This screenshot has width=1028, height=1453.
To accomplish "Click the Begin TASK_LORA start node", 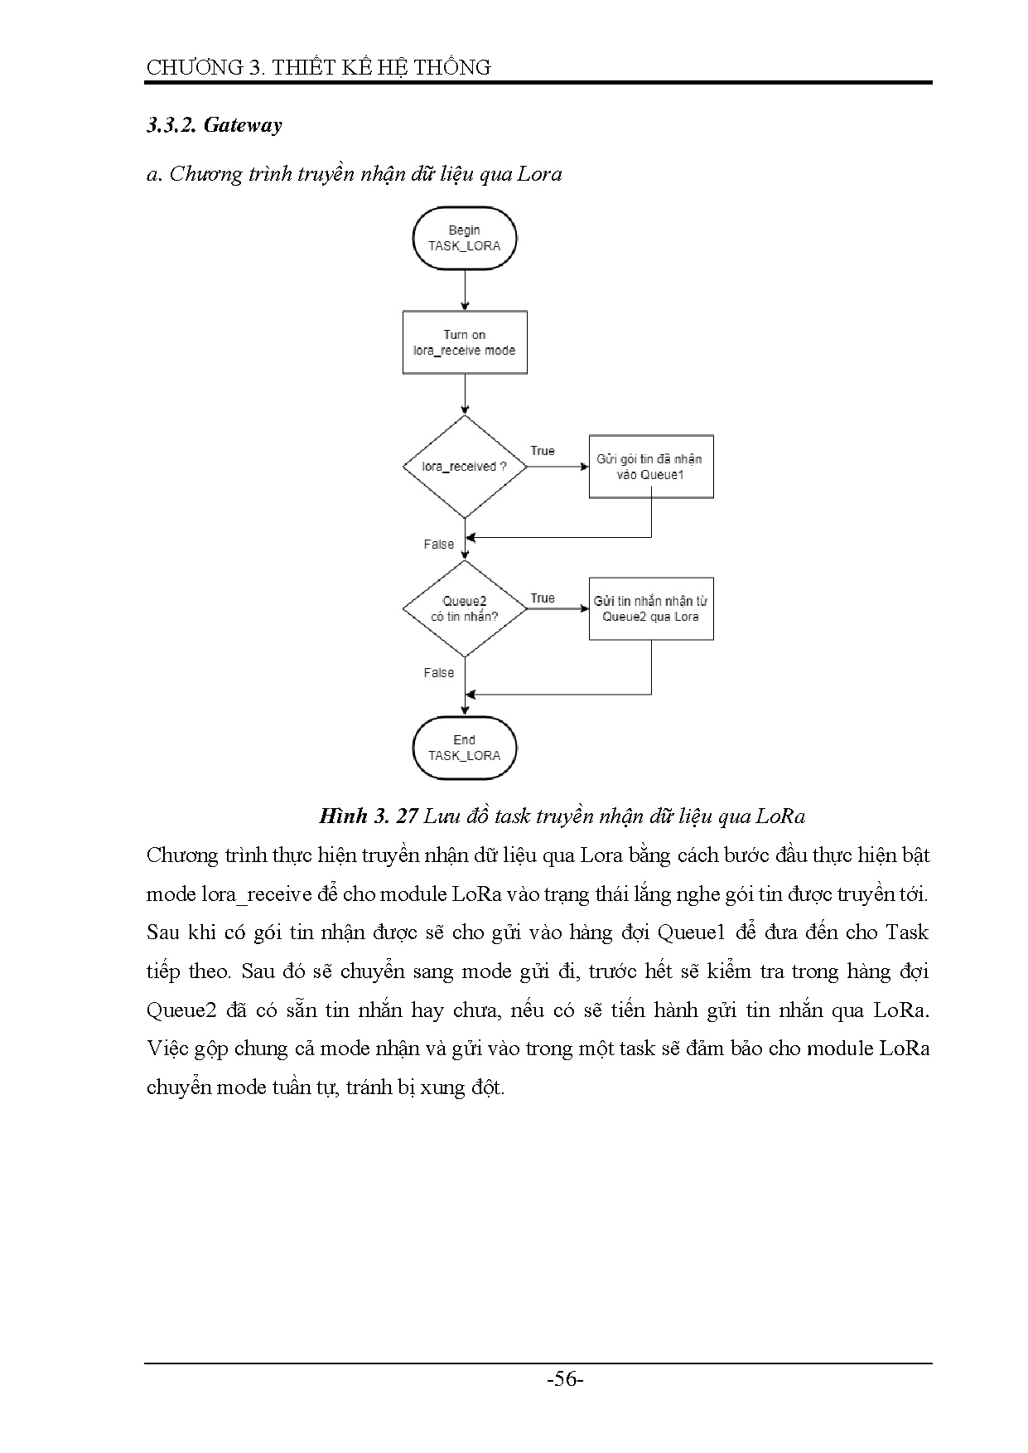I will click(464, 238).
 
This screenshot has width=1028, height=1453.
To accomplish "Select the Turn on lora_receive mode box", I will click(464, 342).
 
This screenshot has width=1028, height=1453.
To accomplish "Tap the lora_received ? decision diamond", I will click(464, 467).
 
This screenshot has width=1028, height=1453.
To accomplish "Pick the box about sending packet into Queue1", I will click(650, 467).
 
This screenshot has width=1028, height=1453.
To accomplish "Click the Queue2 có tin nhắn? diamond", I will click(464, 609).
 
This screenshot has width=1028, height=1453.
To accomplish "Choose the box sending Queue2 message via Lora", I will click(650, 609).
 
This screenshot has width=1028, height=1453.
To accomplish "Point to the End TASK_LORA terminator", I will click(464, 748).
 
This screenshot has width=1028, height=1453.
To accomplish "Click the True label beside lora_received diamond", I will click(543, 451).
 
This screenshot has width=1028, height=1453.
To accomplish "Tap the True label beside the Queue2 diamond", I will click(543, 598).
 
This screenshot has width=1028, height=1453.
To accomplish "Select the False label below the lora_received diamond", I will click(439, 545).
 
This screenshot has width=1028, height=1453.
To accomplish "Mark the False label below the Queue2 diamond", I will click(439, 673).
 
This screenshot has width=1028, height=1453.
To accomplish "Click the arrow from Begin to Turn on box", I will click(465, 290).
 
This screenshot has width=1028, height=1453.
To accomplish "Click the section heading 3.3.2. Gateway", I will click(215, 125).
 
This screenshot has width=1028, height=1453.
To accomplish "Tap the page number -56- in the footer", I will click(567, 1379).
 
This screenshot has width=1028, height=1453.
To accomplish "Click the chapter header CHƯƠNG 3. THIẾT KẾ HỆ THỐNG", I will click(319, 68).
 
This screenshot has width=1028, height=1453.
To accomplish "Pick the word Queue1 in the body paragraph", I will click(691, 932).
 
